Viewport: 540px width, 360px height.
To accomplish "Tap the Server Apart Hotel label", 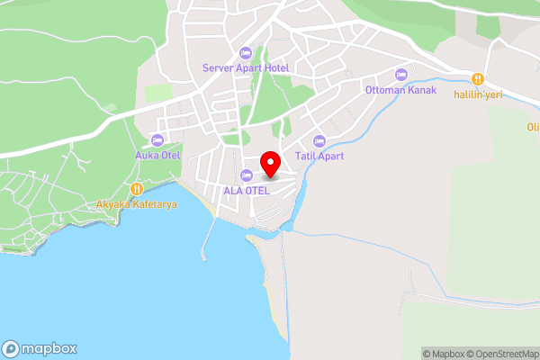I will pos(245,67).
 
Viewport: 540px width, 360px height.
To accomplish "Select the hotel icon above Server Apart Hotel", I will pos(246,53).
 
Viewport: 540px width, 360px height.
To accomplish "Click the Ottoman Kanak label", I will pos(400,90).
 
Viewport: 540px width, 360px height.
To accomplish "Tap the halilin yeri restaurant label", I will pos(477,94).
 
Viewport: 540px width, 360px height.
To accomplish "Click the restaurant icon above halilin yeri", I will pos(479,79).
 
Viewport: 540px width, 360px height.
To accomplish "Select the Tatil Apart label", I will pos(319,156).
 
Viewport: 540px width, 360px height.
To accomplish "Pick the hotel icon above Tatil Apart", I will pos(319,140).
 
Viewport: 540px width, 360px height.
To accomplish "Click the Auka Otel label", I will pos(157,155).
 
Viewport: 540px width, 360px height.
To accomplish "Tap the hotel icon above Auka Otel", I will pos(157,139).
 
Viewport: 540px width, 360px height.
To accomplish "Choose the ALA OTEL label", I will pos(247,190).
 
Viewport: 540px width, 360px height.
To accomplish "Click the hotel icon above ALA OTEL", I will pos(247,175).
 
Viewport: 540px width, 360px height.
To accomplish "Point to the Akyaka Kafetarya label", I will pos(137,204).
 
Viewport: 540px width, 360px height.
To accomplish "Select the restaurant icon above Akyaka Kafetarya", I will pos(137,189).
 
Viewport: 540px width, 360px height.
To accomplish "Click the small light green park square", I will pos(157,94).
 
